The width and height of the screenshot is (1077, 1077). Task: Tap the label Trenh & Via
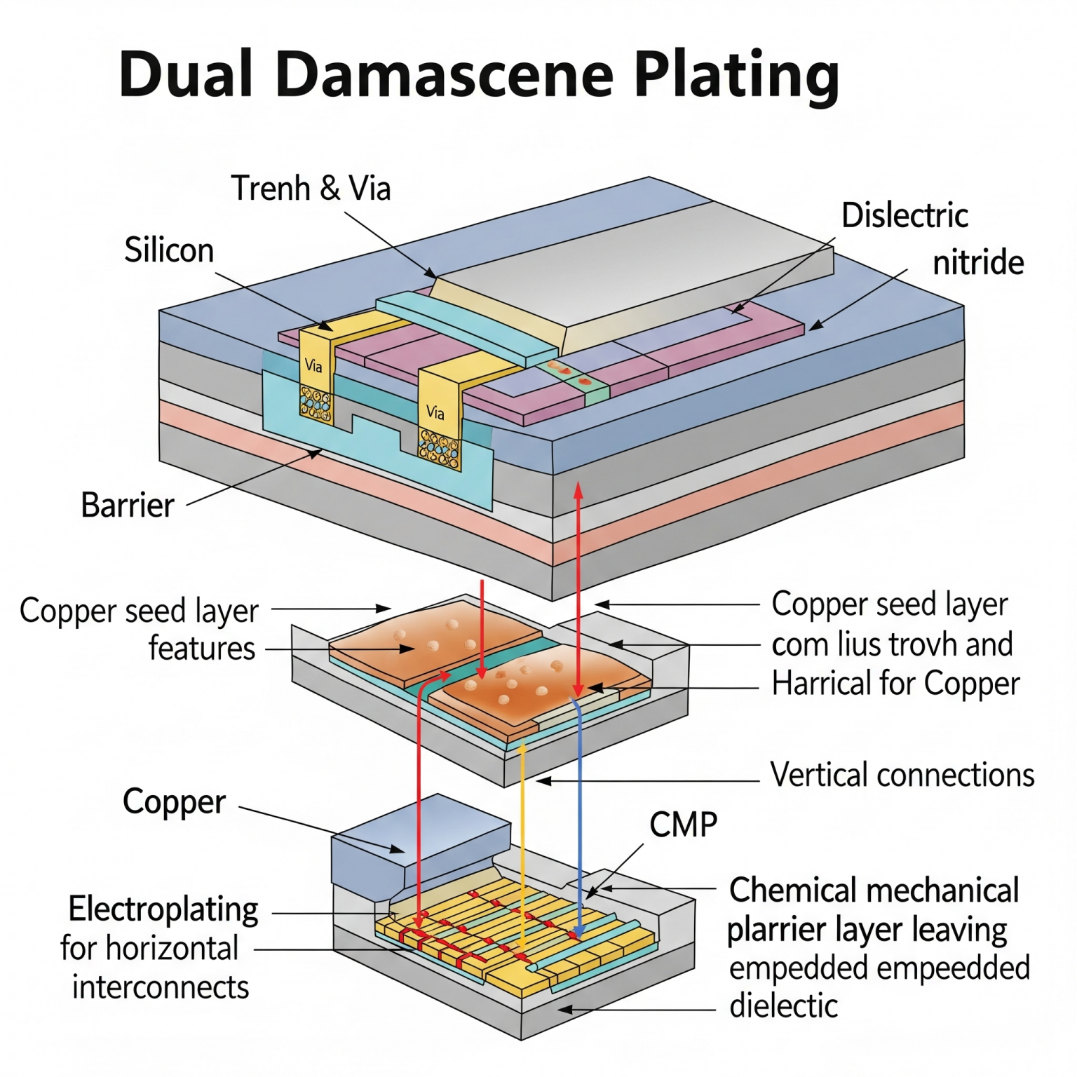[311, 188]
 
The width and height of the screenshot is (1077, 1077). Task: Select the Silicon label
[169, 250]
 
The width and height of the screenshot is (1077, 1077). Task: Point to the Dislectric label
[905, 215]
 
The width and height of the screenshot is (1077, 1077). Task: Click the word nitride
[978, 263]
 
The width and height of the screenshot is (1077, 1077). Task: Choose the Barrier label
[127, 505]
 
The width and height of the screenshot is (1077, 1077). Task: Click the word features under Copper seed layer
[202, 648]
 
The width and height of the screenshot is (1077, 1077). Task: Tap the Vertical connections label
[902, 775]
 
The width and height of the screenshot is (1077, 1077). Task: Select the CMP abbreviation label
[683, 825]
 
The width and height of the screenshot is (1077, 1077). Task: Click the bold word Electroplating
[163, 909]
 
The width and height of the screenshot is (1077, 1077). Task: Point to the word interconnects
[161, 987]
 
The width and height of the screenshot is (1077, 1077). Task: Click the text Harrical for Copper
[895, 684]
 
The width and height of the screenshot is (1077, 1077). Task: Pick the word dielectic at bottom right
[783, 1006]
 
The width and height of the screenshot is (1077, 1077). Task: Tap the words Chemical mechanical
[874, 890]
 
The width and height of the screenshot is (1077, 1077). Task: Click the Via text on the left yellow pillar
[313, 365]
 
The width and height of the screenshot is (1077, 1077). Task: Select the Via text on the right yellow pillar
[435, 412]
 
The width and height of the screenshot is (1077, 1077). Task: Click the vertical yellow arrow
[522, 841]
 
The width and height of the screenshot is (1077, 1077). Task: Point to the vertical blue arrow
[580, 806]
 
